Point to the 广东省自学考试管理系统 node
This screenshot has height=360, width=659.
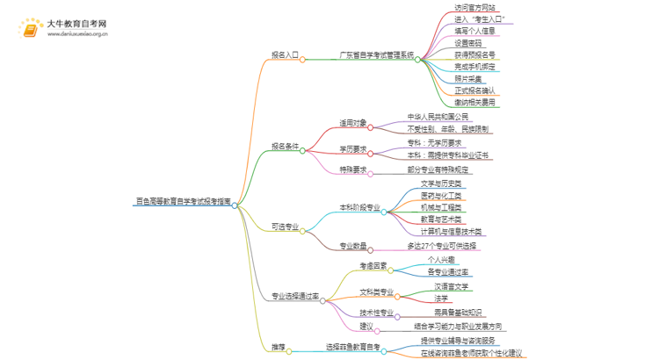(377, 54)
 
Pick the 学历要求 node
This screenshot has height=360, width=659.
(354, 148)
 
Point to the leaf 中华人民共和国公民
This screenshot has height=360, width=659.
(438, 117)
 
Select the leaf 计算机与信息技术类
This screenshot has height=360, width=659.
(451, 232)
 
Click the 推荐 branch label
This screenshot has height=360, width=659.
(278, 348)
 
